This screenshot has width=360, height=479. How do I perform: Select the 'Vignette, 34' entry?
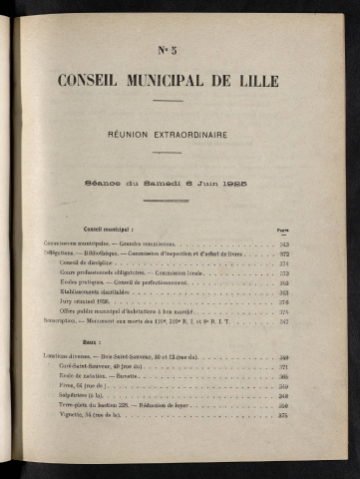pyautogui.click(x=78, y=414)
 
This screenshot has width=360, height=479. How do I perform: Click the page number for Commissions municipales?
pyautogui.click(x=282, y=243)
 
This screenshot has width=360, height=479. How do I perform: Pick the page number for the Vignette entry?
pyautogui.click(x=282, y=414)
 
